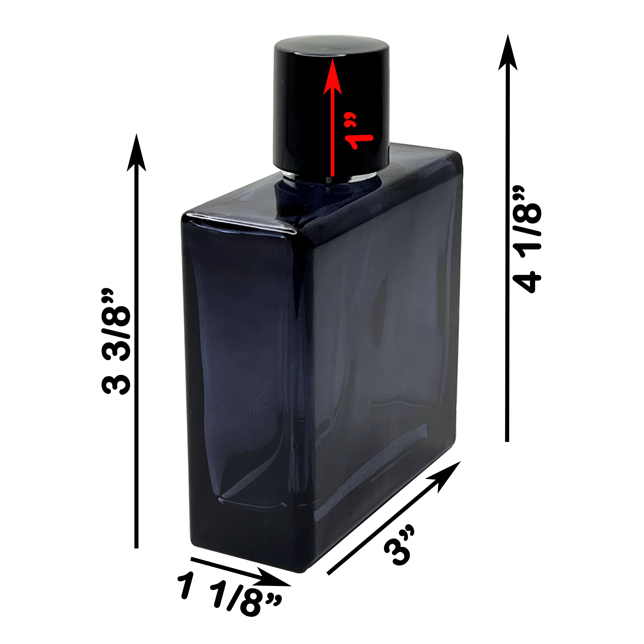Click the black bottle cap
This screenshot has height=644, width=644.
[300, 110]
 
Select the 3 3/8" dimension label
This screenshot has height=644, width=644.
[115, 345]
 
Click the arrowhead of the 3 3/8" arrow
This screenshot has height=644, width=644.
[136, 153]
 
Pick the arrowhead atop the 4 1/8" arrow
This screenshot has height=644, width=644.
[508, 53]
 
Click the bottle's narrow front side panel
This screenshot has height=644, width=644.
[240, 383]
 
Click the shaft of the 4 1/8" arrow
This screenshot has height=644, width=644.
[508, 267]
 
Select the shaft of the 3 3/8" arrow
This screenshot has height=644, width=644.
[136, 367]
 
